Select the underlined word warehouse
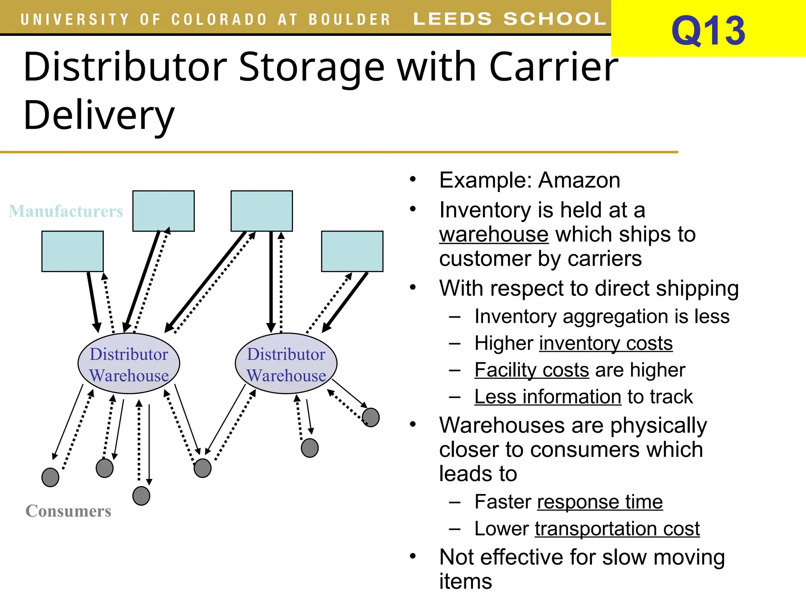click(494, 235)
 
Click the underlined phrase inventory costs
click(606, 343)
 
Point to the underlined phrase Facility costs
click(531, 370)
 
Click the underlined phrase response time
click(600, 502)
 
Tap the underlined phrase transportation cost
click(617, 529)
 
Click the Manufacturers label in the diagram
click(66, 211)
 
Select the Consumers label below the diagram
click(68, 511)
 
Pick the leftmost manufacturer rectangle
click(72, 251)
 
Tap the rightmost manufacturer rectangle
click(352, 251)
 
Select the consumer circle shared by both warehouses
click(202, 468)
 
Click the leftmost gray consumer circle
click(50, 477)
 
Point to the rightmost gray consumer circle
click(371, 418)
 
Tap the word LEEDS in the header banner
click(453, 19)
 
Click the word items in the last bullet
click(465, 582)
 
